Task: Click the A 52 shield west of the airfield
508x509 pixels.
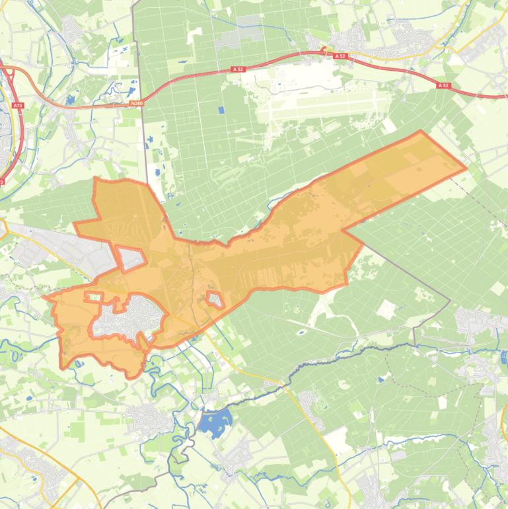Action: point(238,69)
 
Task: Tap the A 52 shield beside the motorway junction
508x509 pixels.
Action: point(340,57)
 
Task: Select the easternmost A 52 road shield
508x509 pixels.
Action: point(443,85)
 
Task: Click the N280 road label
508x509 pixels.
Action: point(137,102)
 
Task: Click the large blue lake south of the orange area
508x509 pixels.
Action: point(216,422)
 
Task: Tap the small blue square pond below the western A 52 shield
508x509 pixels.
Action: point(221,110)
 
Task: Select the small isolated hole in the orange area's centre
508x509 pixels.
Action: point(215,299)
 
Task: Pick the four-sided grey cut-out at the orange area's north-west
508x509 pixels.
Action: point(131,257)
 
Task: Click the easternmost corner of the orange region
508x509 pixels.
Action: point(466,167)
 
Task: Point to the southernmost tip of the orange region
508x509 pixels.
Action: point(130,377)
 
